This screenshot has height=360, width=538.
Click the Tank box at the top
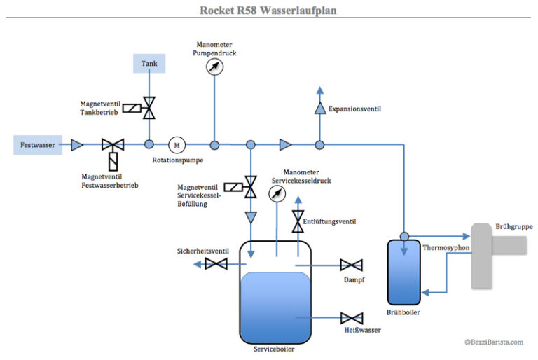point(149,64)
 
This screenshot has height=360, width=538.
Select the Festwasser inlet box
point(37,145)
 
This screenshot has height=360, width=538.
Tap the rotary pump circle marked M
point(177,145)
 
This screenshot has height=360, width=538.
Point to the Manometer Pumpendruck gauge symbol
point(214,67)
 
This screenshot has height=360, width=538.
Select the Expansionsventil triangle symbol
point(319,109)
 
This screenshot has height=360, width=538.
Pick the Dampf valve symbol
point(351,265)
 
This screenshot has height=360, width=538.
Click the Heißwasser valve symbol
point(351,317)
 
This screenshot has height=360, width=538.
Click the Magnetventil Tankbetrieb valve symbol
point(149,107)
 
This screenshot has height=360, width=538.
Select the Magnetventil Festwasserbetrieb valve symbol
point(111,146)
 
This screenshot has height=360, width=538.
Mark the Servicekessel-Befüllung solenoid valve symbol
point(250,187)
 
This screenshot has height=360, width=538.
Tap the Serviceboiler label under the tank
point(274,349)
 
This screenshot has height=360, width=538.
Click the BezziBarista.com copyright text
point(493,342)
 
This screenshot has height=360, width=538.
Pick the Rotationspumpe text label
point(177,160)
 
